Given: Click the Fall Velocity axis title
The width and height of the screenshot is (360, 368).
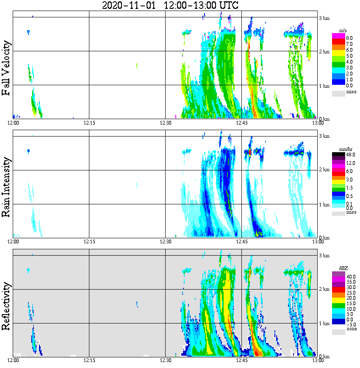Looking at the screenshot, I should tap(6, 68).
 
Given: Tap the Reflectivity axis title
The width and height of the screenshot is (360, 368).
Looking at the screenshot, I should tap(6, 304).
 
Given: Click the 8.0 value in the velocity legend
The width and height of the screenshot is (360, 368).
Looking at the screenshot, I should tap(349, 38).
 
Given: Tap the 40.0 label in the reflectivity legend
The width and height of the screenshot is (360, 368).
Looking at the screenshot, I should tap(350, 276).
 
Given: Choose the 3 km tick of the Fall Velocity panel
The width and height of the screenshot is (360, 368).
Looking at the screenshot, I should tap(324, 18).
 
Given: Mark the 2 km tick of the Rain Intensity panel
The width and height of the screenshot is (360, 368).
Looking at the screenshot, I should tap(324, 170).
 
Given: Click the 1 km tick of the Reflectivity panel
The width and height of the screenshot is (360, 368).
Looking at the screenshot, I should tap(324, 323).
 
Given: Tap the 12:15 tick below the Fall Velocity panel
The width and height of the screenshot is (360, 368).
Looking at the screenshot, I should tap(89, 123).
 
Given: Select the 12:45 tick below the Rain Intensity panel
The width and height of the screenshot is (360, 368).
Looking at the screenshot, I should tap(241, 242).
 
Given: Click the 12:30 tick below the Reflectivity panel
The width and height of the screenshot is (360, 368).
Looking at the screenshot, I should tap(165, 360).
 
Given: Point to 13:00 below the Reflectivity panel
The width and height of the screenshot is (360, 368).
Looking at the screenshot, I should tap(318, 360).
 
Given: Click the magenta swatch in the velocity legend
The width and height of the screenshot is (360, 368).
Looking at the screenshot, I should tap(338, 35).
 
